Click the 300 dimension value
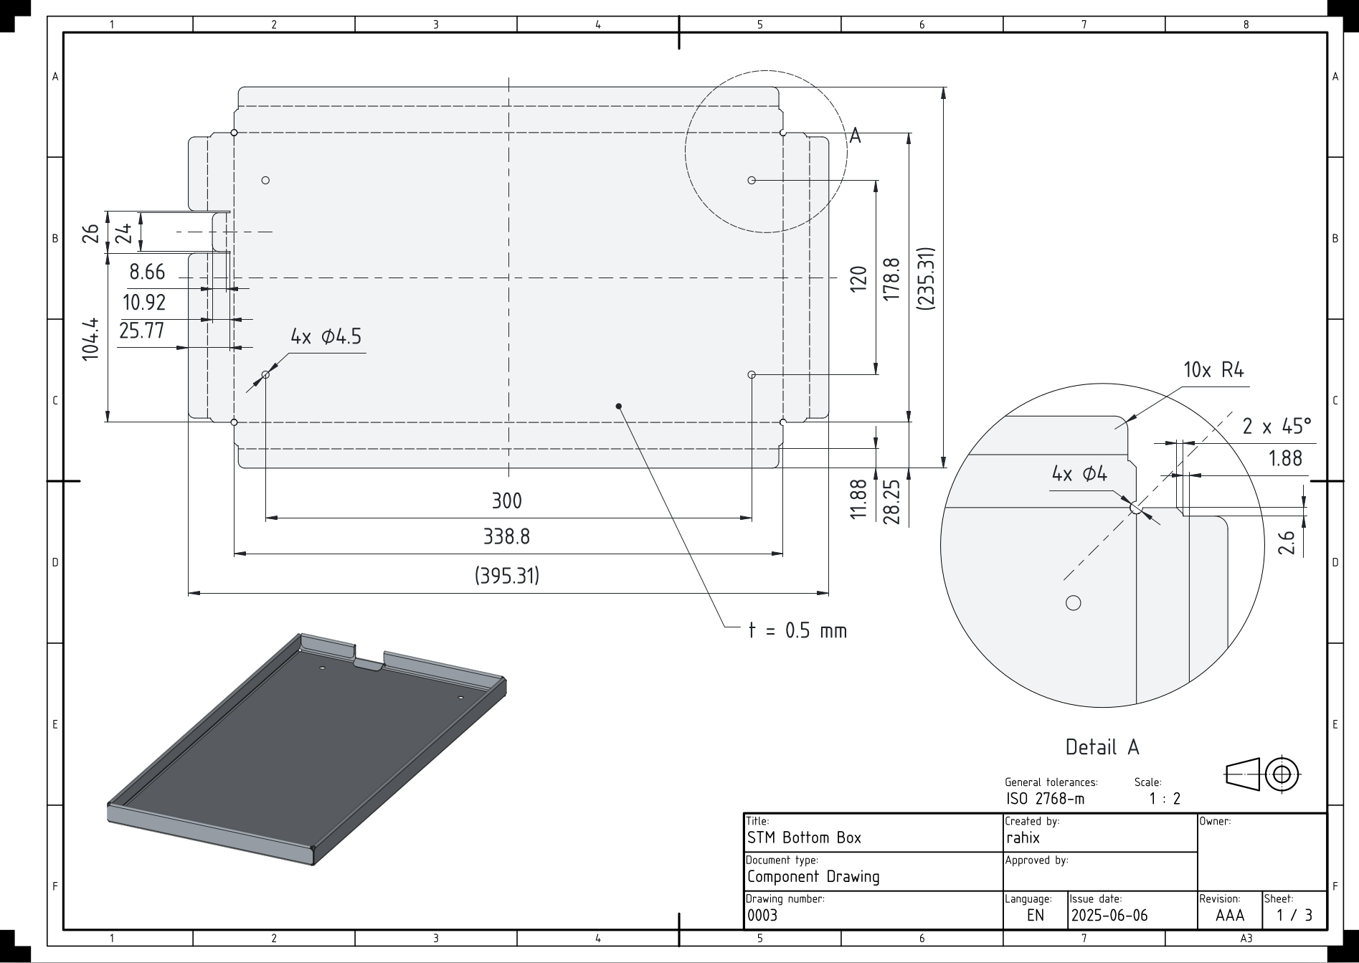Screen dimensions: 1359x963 (x=506, y=501)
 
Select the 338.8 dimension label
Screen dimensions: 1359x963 (x=506, y=536)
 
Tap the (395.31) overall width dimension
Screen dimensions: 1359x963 (x=507, y=576)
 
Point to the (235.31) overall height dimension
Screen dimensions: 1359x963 (x=926, y=278)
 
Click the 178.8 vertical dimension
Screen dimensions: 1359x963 (x=891, y=280)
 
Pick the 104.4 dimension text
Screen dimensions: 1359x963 (x=90, y=340)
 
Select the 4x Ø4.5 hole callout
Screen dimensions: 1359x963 (x=326, y=336)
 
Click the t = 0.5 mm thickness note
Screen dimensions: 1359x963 (x=797, y=630)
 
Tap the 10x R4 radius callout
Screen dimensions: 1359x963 (x=1213, y=370)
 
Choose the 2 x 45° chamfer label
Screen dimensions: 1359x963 (x=1277, y=427)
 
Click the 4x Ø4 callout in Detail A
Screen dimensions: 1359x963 (x=1079, y=473)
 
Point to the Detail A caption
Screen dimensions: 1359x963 (x=1102, y=747)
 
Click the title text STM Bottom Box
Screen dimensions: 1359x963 (x=804, y=838)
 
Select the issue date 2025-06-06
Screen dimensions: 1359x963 (x=1109, y=916)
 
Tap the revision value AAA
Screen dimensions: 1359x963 (x=1230, y=916)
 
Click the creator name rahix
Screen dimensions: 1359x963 (x=1023, y=838)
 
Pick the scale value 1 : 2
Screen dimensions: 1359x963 (x=1165, y=799)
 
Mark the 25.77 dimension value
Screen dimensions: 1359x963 (x=142, y=331)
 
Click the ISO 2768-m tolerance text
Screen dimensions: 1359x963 (x=1045, y=799)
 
